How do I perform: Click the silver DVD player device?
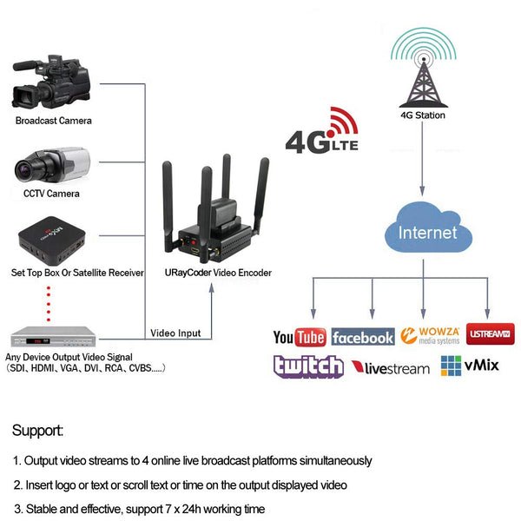pos(53,334)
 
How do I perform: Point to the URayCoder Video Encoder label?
pos(218,273)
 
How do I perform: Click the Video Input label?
pos(175,333)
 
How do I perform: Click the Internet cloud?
pos(426,233)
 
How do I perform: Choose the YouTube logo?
pos(299,338)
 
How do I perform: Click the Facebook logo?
pos(362,338)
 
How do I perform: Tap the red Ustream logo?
pos(491,333)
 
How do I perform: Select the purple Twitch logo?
pos(307,366)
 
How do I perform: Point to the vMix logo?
pos(470,366)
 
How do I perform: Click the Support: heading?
pos(37,430)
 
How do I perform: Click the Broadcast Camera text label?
pos(53,121)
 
